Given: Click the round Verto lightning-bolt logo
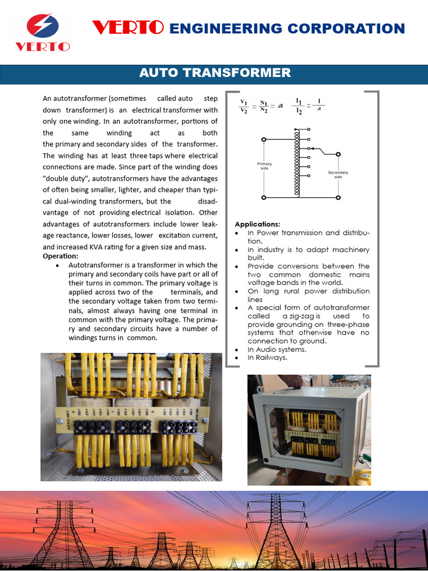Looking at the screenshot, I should [42, 27].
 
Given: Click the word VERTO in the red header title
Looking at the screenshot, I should [128, 28].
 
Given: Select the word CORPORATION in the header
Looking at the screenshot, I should [351, 28].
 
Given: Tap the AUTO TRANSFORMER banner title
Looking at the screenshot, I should [215, 72].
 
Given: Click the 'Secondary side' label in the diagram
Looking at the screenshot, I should [338, 174].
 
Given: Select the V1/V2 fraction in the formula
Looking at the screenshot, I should [244, 106].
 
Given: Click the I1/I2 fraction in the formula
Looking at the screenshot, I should [299, 106].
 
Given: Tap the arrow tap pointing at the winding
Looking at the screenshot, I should [314, 149].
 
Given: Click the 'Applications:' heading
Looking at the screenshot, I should [257, 224].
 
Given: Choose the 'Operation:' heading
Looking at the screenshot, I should [60, 256].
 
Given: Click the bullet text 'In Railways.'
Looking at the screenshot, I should [267, 357].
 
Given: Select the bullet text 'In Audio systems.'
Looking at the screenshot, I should [277, 349].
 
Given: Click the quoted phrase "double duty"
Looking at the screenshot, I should [66, 178].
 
